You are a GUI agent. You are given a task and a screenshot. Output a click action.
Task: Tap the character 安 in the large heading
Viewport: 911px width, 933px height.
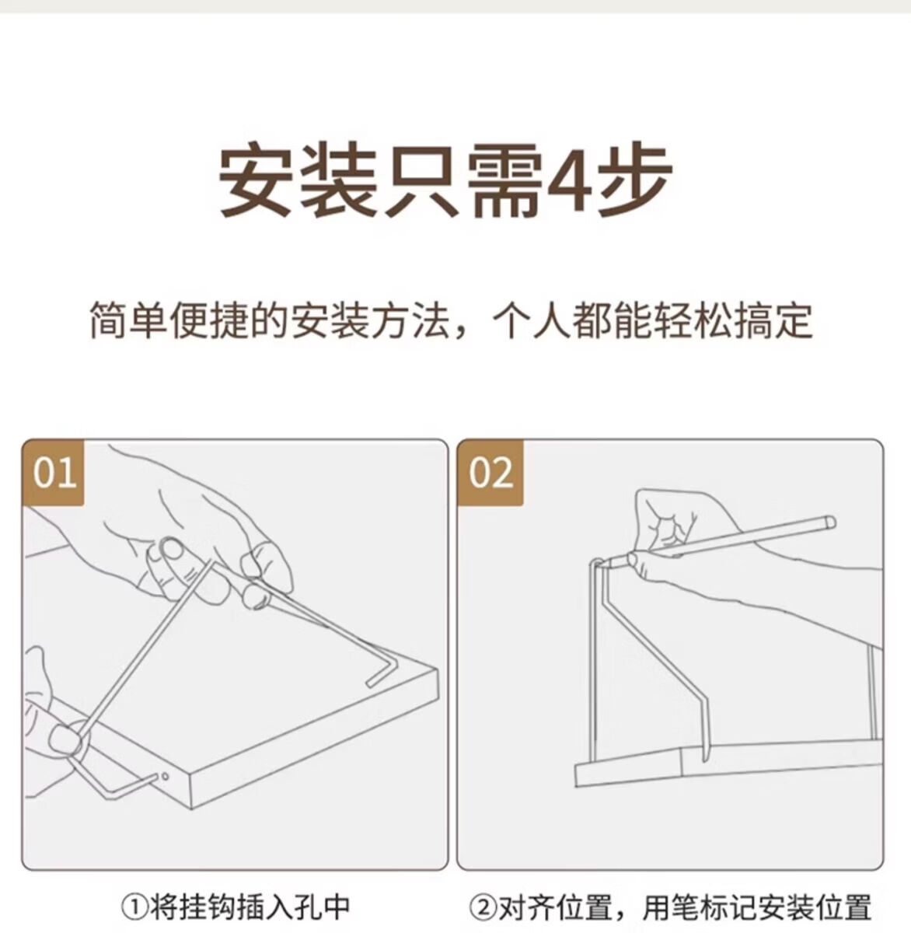(257, 179)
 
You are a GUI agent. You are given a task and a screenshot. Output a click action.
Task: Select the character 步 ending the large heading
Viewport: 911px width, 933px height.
(633, 179)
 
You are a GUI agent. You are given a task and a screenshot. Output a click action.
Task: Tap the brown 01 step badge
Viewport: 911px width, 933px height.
(54, 473)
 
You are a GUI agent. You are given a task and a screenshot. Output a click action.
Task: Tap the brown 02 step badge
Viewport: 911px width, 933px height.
(490, 473)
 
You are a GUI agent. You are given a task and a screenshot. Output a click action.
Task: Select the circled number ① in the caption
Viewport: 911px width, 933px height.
(132, 907)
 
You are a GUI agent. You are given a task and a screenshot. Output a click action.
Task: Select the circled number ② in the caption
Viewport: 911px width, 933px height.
(480, 907)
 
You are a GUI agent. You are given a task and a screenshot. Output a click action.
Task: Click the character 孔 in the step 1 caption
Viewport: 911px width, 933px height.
(305, 907)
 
